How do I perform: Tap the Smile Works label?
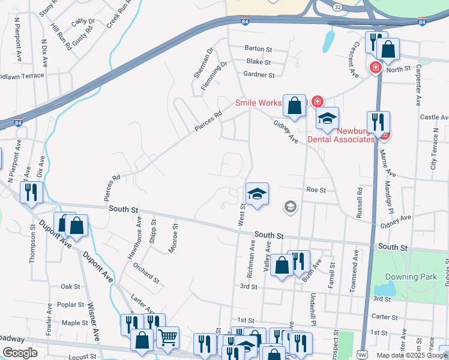pyautogui.click(x=258, y=103)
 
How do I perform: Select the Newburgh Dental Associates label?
pyautogui.click(x=341, y=135)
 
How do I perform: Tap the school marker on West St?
pyautogui.click(x=256, y=194)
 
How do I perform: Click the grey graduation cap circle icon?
pyautogui.click(x=291, y=207)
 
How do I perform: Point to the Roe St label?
pyautogui.click(x=316, y=190)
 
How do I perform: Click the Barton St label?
pyautogui.click(x=259, y=48)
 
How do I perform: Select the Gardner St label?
pyautogui.click(x=259, y=75)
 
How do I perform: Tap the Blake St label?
pyautogui.click(x=259, y=62)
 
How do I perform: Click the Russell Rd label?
pyautogui.click(x=360, y=203)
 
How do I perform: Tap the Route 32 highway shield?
pyautogui.click(x=339, y=7)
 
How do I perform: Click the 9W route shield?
pyautogui.click(x=361, y=355)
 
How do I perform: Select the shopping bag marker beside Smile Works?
pyautogui.click(x=295, y=106)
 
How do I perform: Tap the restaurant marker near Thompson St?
pyautogui.click(x=29, y=192)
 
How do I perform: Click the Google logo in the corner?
pyautogui.click(x=20, y=353)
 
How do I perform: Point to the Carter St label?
pyautogui.click(x=381, y=316)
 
